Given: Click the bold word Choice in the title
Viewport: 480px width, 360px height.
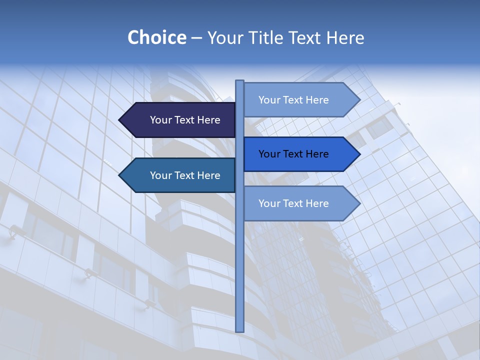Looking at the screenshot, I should coord(156,37).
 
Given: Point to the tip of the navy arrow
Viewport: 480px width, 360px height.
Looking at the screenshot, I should coord(120,120).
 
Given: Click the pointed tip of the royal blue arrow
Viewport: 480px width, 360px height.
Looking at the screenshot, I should coord(359,154).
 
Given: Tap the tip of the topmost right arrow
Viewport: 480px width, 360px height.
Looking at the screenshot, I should coord(359,100).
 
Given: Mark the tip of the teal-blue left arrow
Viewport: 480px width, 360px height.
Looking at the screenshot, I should coord(120,175).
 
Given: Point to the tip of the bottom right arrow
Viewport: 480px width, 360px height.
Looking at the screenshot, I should coord(359,203).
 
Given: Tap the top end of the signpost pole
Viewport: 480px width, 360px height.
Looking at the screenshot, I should coord(239,81).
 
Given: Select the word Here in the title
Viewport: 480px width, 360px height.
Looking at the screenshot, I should coord(345,37).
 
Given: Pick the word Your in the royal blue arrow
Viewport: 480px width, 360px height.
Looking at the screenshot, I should coord(269,154).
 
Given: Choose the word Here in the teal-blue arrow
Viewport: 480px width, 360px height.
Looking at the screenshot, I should coord(208,175).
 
